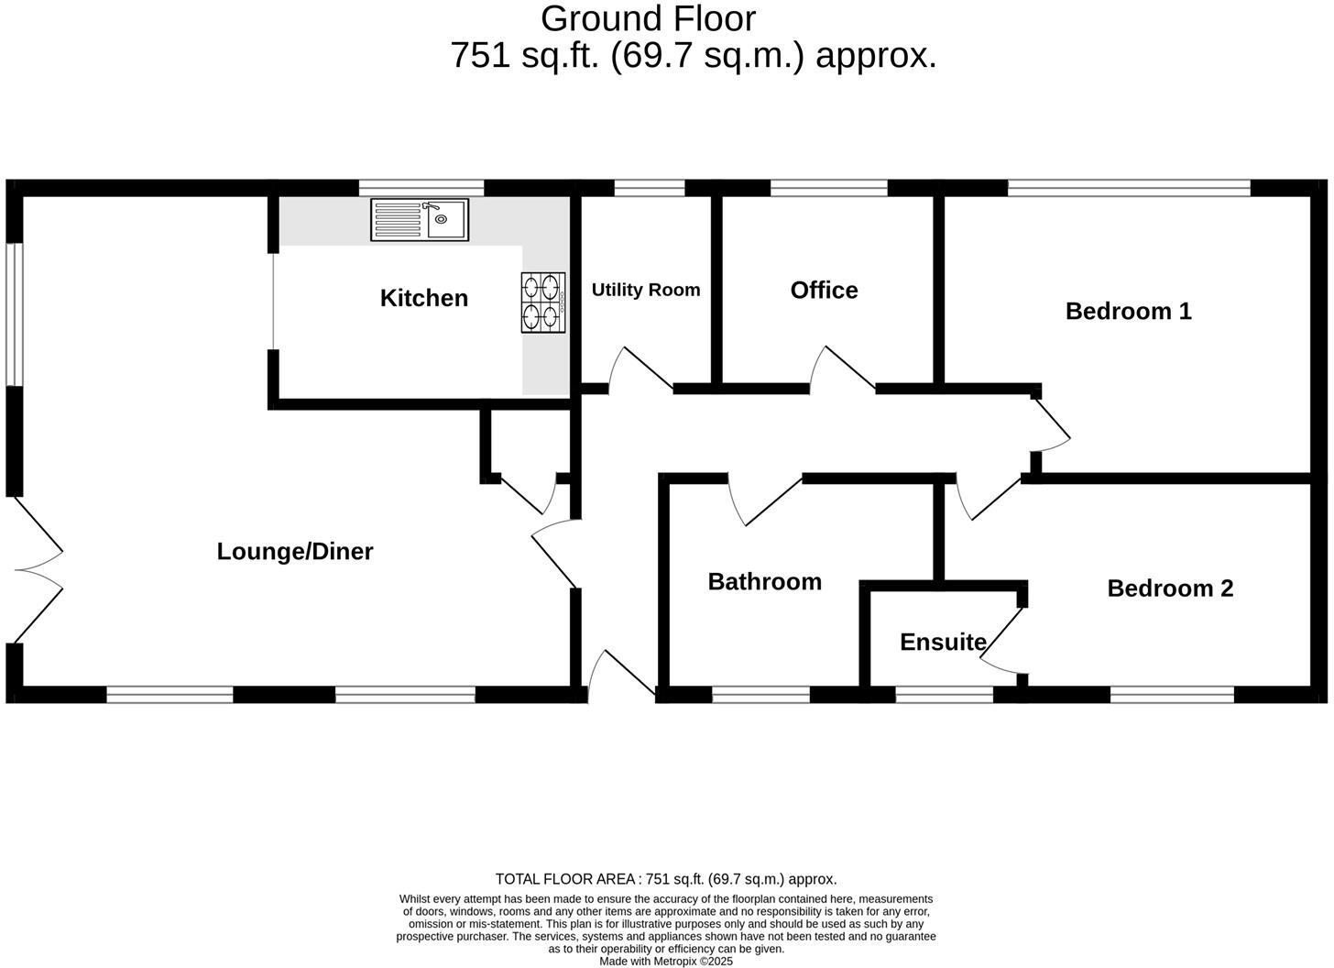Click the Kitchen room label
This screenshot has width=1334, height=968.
point(423,298)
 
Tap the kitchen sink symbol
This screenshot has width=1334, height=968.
point(420,220)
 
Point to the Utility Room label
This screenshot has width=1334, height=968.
point(646,290)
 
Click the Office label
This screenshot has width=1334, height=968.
point(824,290)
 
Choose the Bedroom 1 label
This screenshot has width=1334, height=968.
point(1128,311)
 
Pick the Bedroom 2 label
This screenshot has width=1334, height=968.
point(1170,588)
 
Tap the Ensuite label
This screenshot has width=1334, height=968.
point(943,642)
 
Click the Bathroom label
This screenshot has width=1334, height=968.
point(764,581)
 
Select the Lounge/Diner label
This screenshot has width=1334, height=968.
point(295,551)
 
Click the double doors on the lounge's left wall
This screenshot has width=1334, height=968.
point(37,570)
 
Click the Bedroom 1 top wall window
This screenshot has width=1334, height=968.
point(1129,188)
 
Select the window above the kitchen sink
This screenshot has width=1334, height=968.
point(421,188)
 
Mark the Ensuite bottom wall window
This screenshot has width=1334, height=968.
point(944,696)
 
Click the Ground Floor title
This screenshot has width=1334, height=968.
point(648,18)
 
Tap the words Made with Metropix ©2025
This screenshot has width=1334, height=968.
point(666,962)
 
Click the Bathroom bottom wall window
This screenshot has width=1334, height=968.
point(760,696)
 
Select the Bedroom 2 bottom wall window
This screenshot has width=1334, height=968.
point(1172,696)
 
